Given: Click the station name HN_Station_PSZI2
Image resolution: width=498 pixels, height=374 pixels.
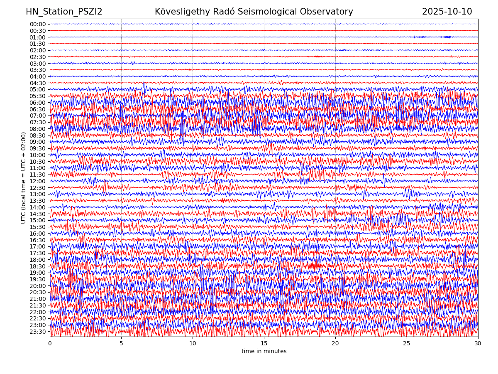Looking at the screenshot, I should pyautogui.click(x=64, y=12).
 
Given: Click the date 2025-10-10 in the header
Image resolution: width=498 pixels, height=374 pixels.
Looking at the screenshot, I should pyautogui.click(x=447, y=12).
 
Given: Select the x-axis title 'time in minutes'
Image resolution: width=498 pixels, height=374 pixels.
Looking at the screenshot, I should pyautogui.click(x=264, y=351).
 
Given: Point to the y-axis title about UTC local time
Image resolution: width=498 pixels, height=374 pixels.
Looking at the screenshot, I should pyautogui.click(x=24, y=177).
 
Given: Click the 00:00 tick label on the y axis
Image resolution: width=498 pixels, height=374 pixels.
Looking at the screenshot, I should pyautogui.click(x=37, y=24).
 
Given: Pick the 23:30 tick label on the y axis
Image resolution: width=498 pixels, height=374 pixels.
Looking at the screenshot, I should pyautogui.click(x=37, y=332).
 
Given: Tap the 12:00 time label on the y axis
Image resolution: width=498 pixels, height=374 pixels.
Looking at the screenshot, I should pyautogui.click(x=37, y=181).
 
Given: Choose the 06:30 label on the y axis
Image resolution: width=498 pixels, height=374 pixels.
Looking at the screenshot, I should pyautogui.click(x=37, y=109).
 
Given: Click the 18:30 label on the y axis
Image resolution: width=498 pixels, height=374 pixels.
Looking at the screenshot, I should pyautogui.click(x=37, y=266).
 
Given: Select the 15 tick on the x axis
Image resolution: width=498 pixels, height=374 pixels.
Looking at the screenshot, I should pyautogui.click(x=264, y=343).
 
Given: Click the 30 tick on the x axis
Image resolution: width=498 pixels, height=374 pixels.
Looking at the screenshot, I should pyautogui.click(x=478, y=343).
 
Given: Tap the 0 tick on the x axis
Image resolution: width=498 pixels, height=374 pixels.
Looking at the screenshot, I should pyautogui.click(x=50, y=343).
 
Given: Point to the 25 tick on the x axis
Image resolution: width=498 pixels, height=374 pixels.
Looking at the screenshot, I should pyautogui.click(x=407, y=343).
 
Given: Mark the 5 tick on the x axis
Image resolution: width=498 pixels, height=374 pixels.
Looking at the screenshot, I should pyautogui.click(x=121, y=343).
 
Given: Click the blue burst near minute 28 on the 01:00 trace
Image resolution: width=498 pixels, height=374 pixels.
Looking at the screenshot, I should pyautogui.click(x=447, y=37).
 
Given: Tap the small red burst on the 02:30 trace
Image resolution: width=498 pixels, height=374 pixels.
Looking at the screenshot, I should pyautogui.click(x=317, y=57).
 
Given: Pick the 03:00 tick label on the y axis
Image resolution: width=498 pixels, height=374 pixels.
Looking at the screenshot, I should pyautogui.click(x=37, y=64).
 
